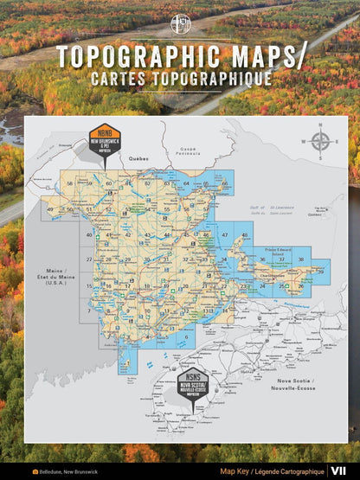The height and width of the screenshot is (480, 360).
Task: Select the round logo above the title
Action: [x=180, y=24]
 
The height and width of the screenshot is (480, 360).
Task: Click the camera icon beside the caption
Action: [x=35, y=472]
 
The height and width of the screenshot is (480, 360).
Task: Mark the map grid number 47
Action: [x=225, y=236]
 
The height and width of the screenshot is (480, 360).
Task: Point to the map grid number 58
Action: [x=69, y=184]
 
